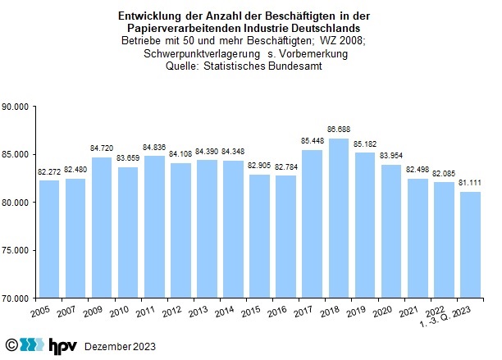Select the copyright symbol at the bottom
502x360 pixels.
tap(12, 344)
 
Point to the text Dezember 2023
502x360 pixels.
tap(121, 345)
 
